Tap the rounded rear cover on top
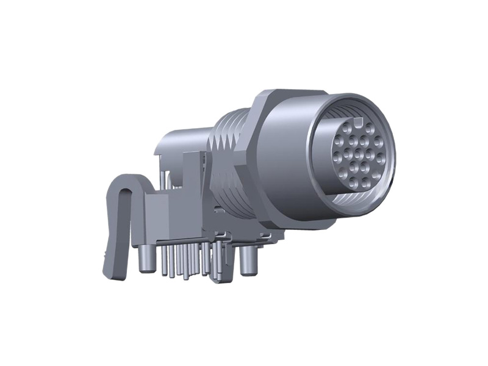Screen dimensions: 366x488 [x=183, y=131]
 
